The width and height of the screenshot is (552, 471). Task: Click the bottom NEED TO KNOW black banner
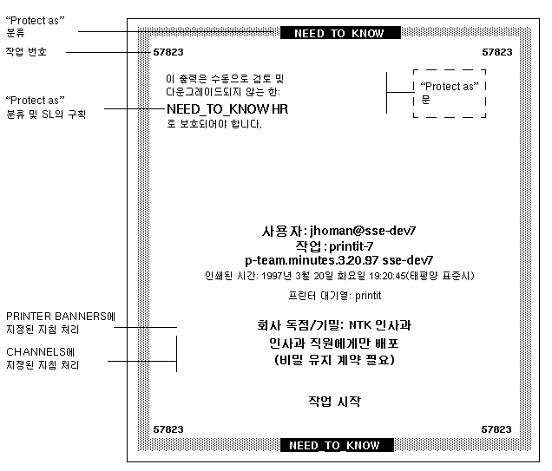334,446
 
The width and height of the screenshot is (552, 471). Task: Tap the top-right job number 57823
496,52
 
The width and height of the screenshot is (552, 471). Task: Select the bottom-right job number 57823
496,429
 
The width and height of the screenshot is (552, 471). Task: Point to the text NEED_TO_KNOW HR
227,109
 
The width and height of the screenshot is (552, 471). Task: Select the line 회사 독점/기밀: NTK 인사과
334,326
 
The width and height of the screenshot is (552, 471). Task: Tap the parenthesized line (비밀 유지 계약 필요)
334,359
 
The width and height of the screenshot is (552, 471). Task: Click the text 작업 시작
334,401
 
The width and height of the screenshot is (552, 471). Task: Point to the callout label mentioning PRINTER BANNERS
60,323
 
